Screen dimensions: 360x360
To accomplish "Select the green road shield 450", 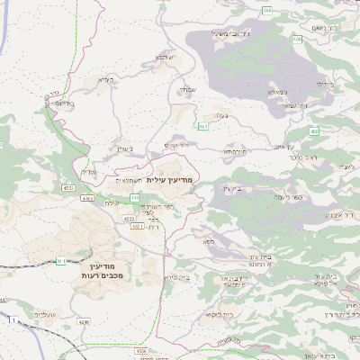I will click(x=315, y=131).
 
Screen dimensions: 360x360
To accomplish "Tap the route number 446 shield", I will click(x=134, y=196).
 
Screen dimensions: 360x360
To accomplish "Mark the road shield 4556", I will click(x=141, y=351).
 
